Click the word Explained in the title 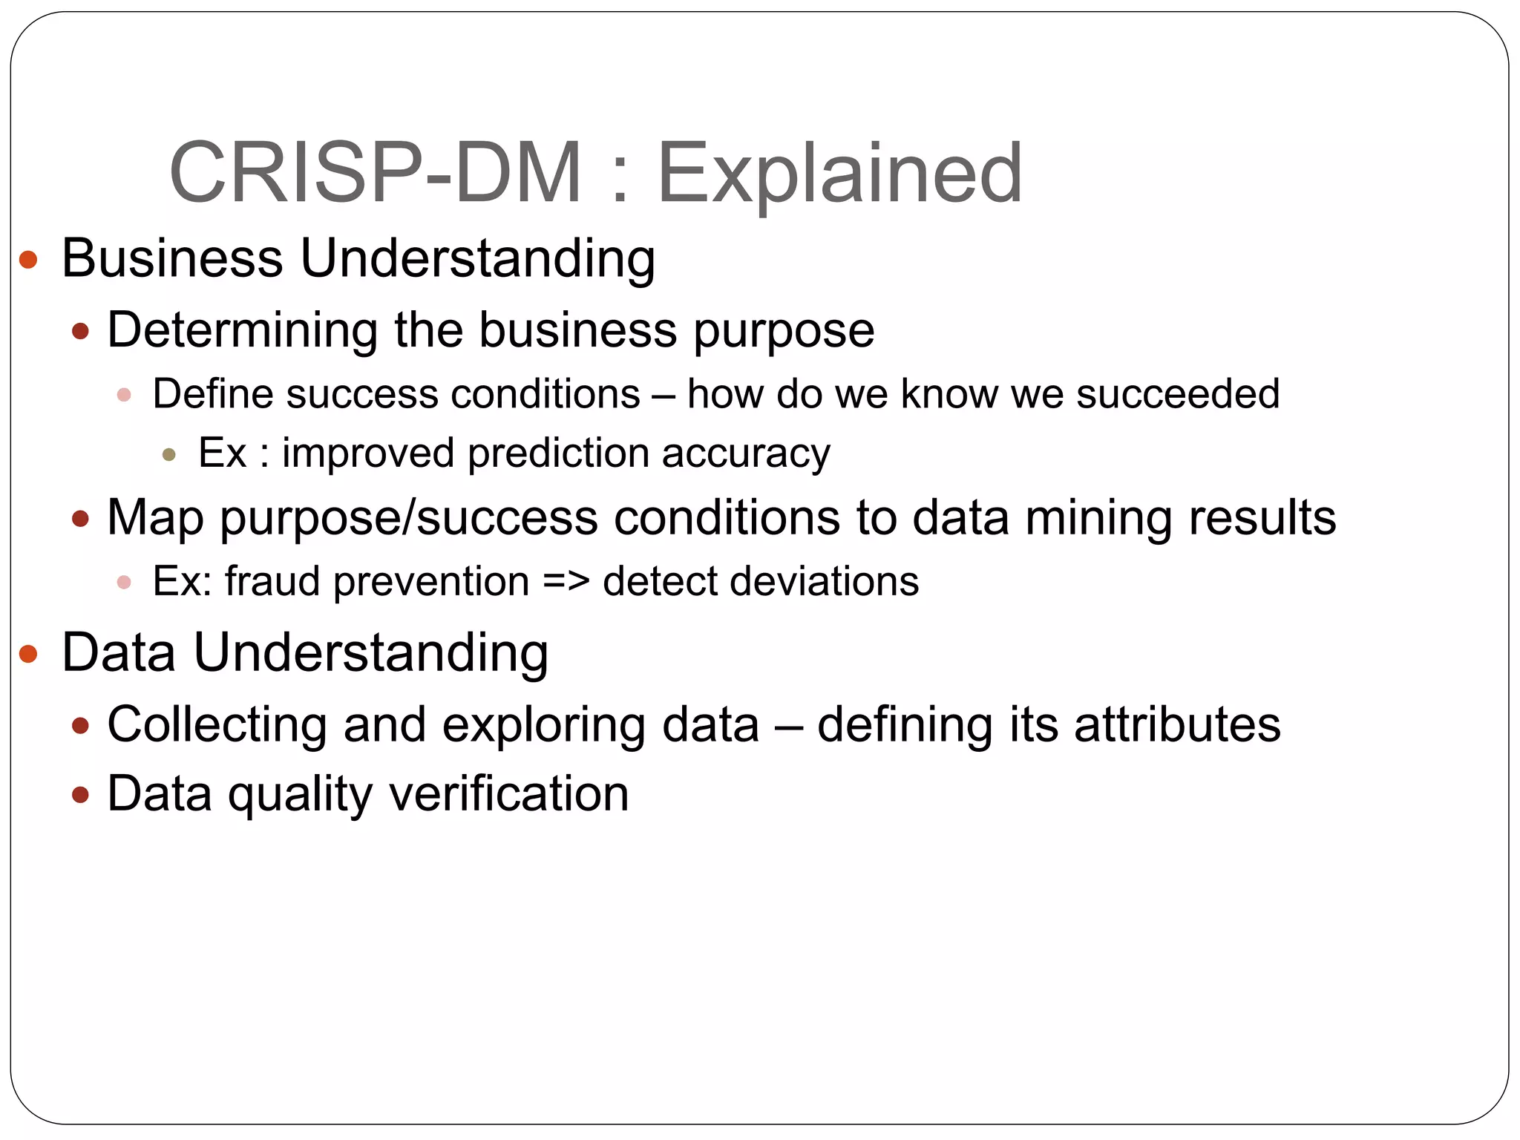[840, 174]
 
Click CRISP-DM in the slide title [376, 174]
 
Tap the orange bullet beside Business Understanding [28, 260]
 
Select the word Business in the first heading [171, 258]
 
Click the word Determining [242, 330]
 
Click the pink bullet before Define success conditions [124, 395]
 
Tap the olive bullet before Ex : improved [169, 454]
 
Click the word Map [155, 518]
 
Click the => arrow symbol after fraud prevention [566, 581]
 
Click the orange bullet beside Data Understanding [28, 654]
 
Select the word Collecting [217, 724]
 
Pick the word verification [509, 794]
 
